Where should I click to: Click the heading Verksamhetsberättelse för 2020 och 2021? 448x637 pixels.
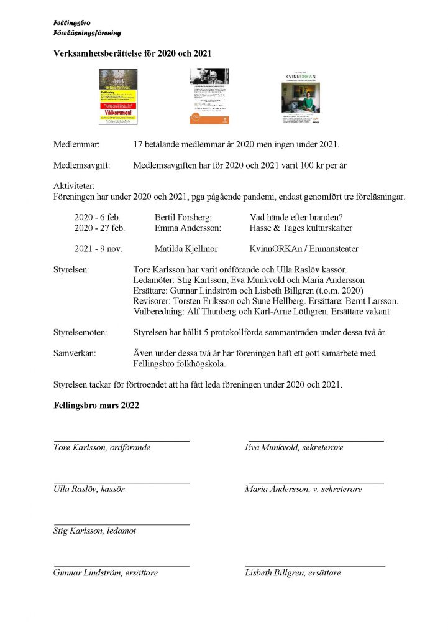[x=132, y=53]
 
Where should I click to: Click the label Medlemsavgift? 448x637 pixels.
[x=81, y=165]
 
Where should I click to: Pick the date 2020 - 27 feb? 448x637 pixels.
[x=99, y=228]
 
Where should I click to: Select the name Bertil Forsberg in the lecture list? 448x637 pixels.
[x=183, y=217]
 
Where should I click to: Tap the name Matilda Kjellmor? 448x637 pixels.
[x=186, y=249]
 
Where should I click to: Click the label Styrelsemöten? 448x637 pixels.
[x=80, y=332]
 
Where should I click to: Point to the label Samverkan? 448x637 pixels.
[x=75, y=353]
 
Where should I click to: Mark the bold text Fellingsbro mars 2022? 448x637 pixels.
[x=96, y=405]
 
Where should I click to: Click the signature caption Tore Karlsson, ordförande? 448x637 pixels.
[x=102, y=447]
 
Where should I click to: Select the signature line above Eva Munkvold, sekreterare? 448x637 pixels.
[x=316, y=441]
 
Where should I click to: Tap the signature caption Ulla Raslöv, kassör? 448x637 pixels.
[x=89, y=489]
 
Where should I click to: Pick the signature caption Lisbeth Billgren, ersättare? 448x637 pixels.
[x=293, y=572]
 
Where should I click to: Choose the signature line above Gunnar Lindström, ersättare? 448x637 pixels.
[x=121, y=567]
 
